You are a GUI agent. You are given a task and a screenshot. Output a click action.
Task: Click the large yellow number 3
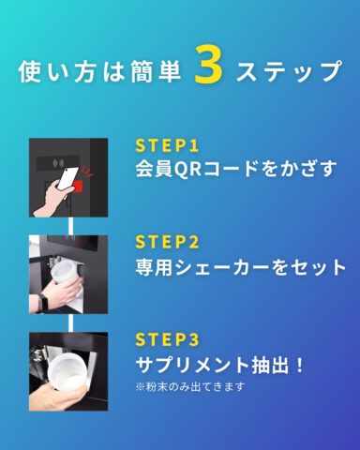pos(208,65)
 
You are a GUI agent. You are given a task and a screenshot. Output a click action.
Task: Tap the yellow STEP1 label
pos(167,145)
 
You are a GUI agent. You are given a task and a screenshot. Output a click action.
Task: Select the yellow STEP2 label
pos(167,242)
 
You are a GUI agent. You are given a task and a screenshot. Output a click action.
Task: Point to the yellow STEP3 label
pos(167,339)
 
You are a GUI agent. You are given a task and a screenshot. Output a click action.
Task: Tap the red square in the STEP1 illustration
pos(78,187)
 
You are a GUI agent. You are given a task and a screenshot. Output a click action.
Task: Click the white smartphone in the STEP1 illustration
pos(67,181)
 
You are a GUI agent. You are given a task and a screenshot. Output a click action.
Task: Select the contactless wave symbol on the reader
pos(58,163)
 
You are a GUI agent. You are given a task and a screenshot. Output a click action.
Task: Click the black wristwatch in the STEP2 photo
pos(43,303)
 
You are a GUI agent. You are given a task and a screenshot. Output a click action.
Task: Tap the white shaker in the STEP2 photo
pos(67,280)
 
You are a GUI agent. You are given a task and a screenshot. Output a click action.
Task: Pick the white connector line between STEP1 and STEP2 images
pos(70,226)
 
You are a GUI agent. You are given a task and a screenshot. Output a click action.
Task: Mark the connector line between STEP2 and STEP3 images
pos(70,322)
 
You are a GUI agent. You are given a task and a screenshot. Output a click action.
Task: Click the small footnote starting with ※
pos(190,387)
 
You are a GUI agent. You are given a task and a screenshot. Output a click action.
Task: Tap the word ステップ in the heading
pos(289,71)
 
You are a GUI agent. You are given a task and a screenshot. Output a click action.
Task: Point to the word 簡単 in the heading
pos(156,71)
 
